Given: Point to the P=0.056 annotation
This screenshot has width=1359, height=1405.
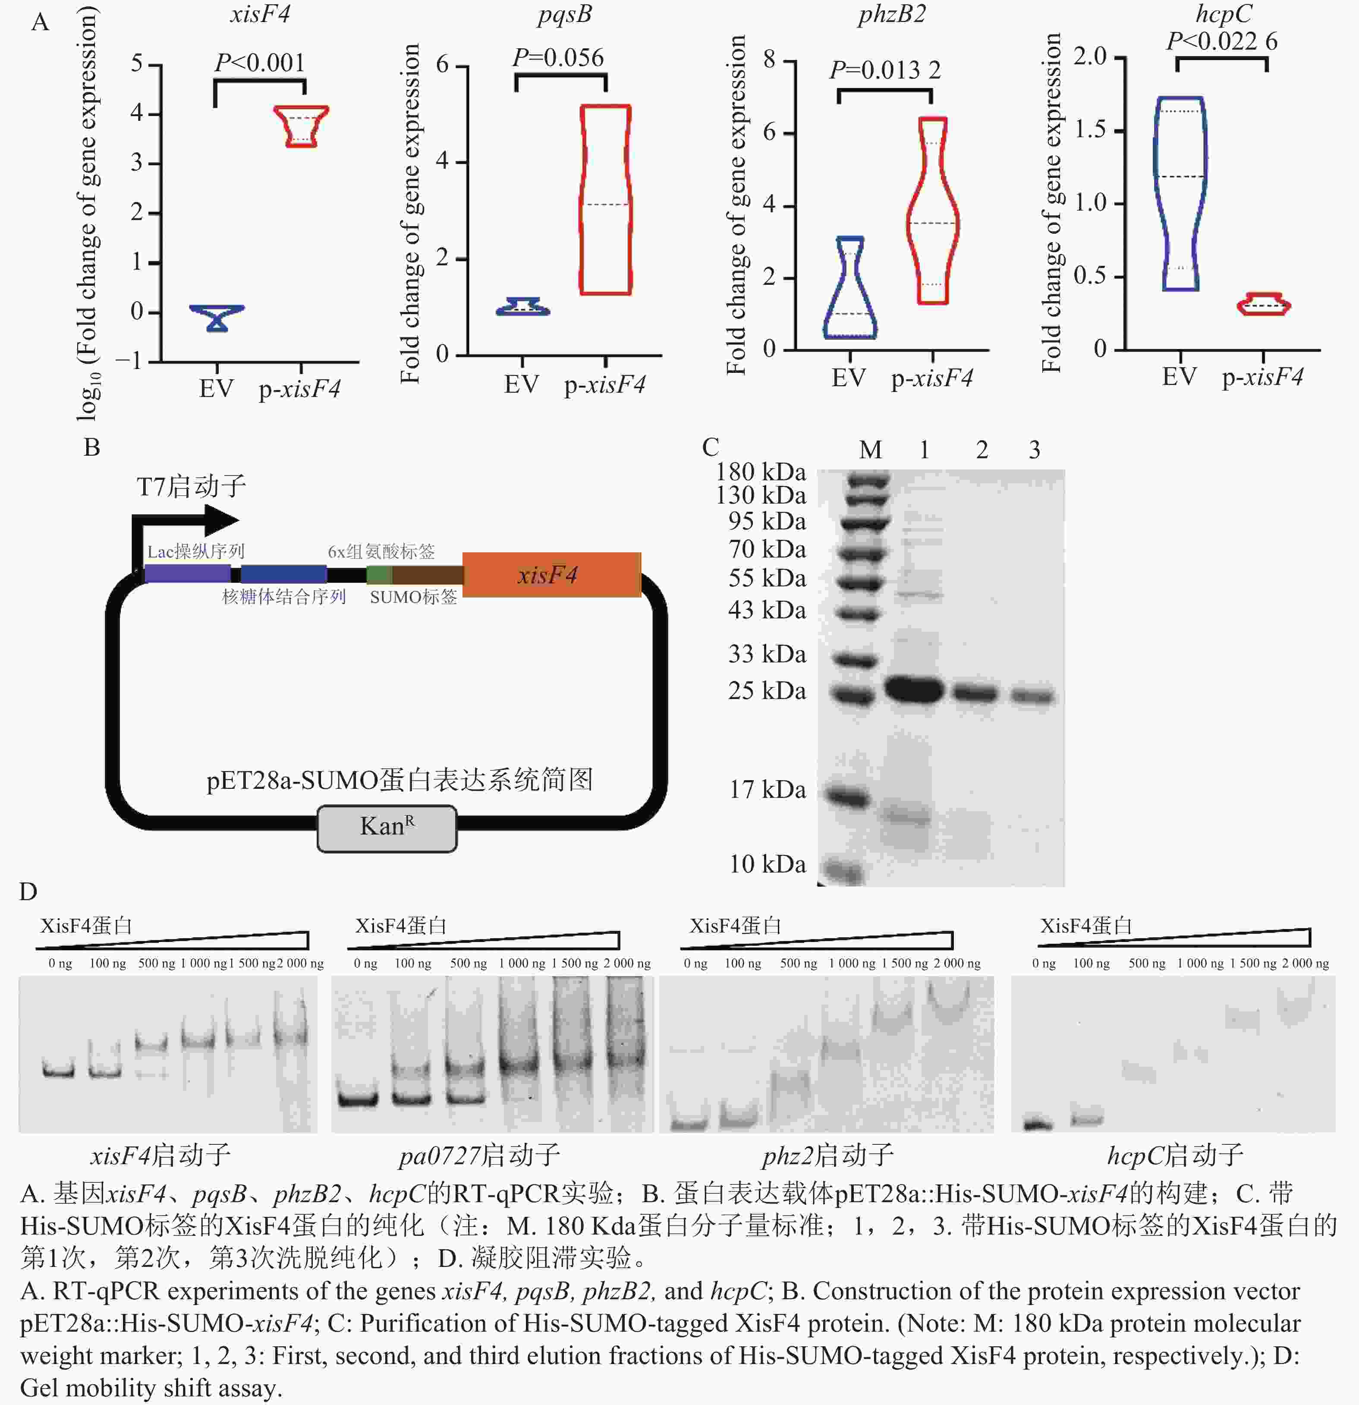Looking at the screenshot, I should click(x=558, y=57).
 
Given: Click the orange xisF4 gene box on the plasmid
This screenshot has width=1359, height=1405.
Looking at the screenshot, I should click(x=551, y=575).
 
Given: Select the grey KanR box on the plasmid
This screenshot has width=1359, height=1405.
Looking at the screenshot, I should click(x=387, y=828).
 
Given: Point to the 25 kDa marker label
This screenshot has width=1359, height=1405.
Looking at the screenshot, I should click(x=767, y=691).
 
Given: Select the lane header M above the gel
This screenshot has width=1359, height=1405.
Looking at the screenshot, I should click(x=870, y=450).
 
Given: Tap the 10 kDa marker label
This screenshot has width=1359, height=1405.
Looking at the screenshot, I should click(x=767, y=864).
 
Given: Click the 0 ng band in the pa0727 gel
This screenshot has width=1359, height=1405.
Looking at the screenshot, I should click(x=359, y=1099).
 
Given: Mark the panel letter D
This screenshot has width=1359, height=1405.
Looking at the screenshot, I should click(x=28, y=892).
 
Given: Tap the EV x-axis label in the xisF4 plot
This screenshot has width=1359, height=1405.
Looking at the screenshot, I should click(x=216, y=389).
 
